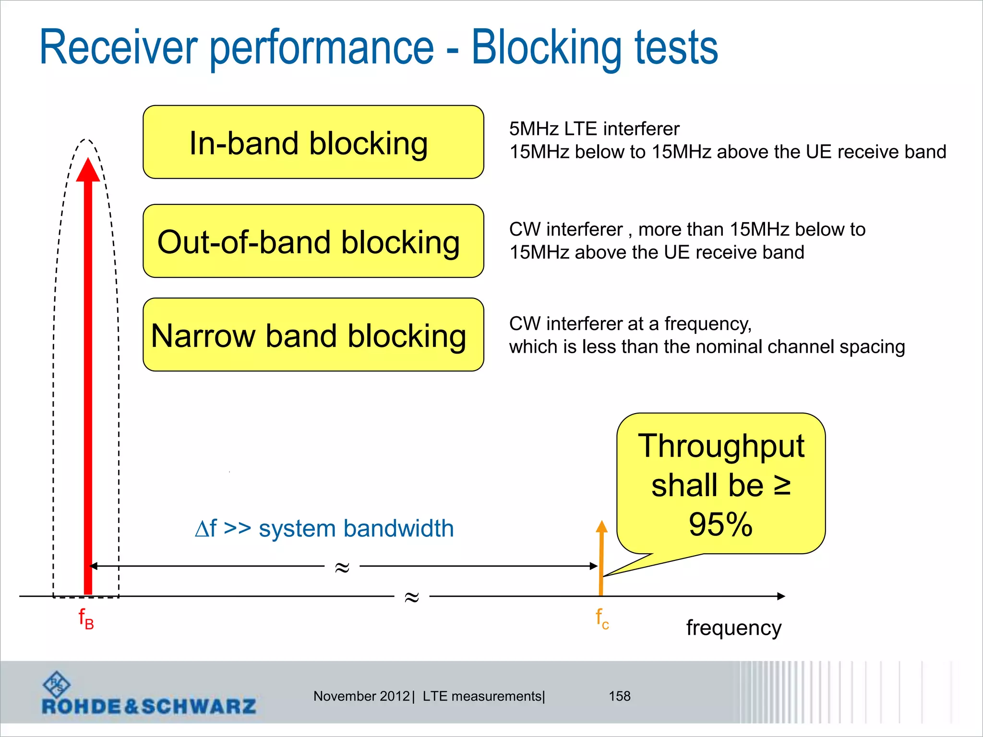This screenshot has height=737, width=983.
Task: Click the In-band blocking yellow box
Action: (313, 142)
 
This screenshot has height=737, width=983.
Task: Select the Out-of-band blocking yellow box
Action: (313, 241)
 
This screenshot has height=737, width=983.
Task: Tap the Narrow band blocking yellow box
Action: (313, 335)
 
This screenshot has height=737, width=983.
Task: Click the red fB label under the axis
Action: (86, 618)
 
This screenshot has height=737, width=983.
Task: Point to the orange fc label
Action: (602, 618)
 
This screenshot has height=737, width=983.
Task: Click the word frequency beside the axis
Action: (733, 628)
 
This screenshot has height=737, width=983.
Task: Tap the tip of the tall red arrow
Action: (88, 161)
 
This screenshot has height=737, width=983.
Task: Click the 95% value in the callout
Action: (720, 524)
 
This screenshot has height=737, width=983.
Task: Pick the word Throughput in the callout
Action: (720, 446)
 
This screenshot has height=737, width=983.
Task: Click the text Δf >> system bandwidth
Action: (324, 529)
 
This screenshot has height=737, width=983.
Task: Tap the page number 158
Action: (619, 696)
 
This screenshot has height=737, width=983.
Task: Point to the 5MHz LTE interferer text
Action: (594, 129)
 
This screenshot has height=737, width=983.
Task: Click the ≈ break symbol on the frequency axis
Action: (412, 597)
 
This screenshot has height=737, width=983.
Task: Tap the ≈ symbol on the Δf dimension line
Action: (342, 567)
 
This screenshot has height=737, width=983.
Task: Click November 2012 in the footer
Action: (361, 696)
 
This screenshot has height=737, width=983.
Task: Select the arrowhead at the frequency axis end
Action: (781, 596)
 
